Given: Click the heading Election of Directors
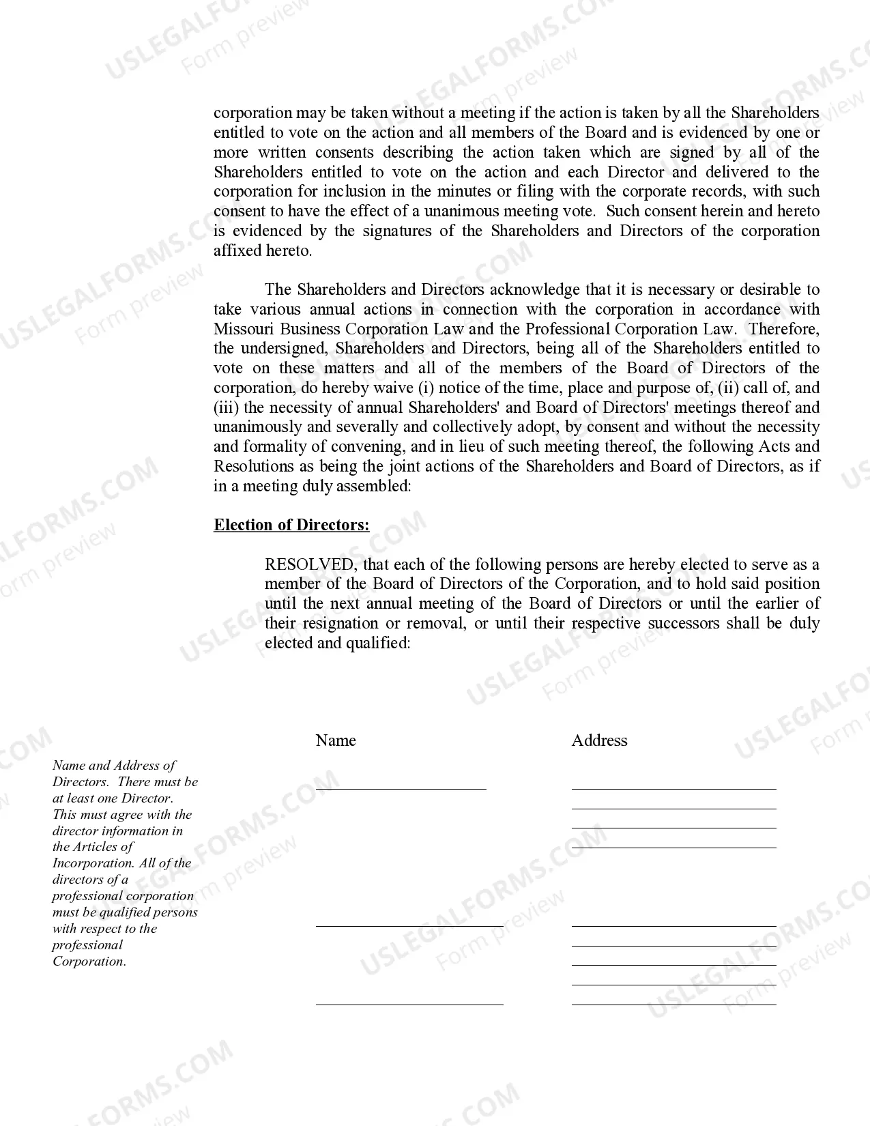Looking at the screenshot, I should coord(291,525).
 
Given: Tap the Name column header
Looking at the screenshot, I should coord(336,740).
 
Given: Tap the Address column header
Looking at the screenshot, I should coord(599,740).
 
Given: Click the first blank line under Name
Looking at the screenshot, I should coord(401,788).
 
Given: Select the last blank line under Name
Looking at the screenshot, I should coord(409,1003).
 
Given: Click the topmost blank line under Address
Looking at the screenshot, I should coord(673,788).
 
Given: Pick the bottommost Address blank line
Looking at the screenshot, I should coord(673,1003).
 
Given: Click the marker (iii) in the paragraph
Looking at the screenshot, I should coord(226,407).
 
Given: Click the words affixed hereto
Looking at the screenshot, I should coord(262,250).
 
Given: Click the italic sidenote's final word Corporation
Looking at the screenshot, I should coord(89,962).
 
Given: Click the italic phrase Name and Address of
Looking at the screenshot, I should coord(113,766).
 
